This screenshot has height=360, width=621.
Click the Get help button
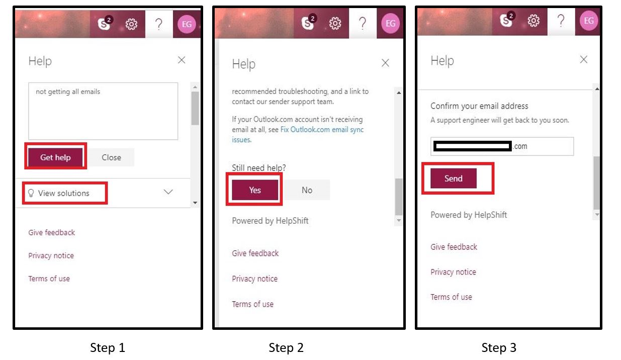click(55, 157)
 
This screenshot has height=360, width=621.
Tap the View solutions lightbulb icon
click(31, 193)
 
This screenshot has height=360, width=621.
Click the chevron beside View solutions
click(168, 192)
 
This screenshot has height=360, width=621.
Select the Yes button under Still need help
click(255, 190)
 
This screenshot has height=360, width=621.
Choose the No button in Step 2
click(307, 190)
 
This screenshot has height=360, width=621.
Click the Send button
click(453, 178)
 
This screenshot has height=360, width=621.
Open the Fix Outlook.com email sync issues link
click(298, 134)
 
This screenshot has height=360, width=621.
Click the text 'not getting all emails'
click(68, 92)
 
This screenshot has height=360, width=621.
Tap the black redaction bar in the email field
click(473, 146)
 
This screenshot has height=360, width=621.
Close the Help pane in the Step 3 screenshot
click(584, 59)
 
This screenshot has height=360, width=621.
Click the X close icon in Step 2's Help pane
click(385, 63)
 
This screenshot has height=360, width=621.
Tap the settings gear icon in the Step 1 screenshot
click(131, 24)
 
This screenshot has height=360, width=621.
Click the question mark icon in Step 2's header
click(363, 23)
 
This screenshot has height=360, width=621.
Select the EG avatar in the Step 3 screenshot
click(588, 21)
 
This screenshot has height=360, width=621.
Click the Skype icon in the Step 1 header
click(105, 23)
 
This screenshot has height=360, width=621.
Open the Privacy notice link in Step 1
click(51, 255)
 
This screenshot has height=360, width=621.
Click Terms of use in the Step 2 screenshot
click(252, 304)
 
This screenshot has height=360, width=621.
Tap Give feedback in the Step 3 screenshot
click(454, 247)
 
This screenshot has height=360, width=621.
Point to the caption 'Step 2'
click(286, 347)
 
